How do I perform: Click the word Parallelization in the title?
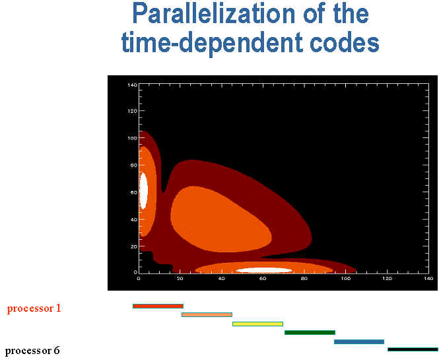(214, 14)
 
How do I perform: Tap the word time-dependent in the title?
(212, 42)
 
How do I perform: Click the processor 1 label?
(34, 308)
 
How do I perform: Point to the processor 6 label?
(32, 351)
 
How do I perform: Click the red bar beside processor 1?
(158, 306)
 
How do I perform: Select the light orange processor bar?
(207, 315)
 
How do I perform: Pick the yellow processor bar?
(257, 324)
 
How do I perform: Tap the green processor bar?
(310, 332)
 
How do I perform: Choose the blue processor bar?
(359, 342)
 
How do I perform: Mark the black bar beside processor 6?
(413, 349)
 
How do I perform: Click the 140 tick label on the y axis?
(132, 85)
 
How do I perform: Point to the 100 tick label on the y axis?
(132, 138)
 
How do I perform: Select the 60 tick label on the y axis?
(134, 192)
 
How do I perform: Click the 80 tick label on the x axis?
(304, 279)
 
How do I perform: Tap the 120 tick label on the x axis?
(387, 279)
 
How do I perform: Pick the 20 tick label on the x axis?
(180, 279)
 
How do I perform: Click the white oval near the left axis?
(143, 190)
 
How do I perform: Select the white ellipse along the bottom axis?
(264, 270)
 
